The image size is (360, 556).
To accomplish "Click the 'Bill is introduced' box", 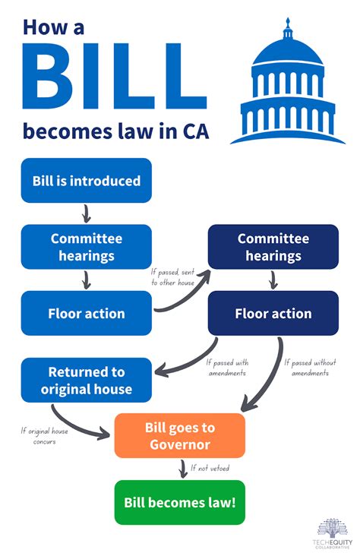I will [87, 181].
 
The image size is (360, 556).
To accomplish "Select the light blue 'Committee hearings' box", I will [87, 247].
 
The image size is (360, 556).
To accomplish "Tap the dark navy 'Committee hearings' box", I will [273, 247].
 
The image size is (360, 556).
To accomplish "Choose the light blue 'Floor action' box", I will [87, 312].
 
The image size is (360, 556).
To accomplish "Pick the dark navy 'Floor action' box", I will [273, 312].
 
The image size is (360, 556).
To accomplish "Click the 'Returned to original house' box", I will [87, 381].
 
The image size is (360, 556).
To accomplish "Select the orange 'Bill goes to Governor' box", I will [180, 435].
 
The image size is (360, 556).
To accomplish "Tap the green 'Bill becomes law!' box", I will [180, 501].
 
